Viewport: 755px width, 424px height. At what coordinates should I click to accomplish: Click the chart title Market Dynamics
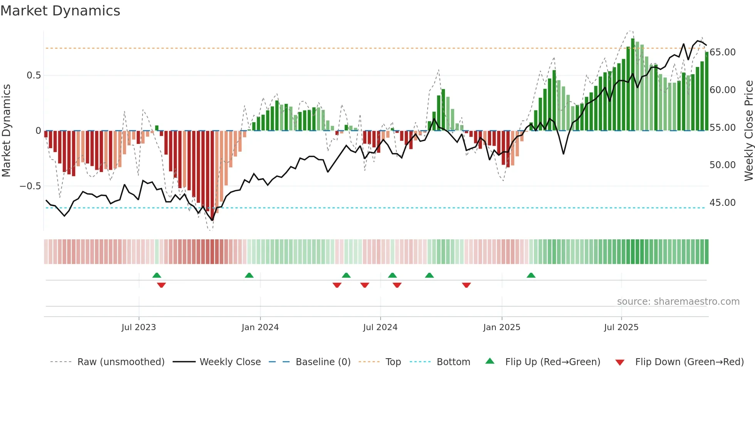(60, 11)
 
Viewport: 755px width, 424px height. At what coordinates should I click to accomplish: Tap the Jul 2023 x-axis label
(139, 327)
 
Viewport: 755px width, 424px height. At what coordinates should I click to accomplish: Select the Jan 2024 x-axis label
(260, 327)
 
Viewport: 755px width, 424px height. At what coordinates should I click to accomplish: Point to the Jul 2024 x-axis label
(380, 327)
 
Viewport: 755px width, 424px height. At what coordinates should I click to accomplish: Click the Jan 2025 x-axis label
(502, 327)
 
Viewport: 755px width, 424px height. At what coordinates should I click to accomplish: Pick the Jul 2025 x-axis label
(621, 327)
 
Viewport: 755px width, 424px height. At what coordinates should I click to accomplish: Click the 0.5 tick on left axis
(34, 75)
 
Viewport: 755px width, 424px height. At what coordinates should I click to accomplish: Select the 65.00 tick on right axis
(722, 52)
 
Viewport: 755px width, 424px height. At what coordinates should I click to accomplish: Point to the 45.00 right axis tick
(722, 203)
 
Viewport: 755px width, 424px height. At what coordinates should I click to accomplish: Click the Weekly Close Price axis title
(748, 131)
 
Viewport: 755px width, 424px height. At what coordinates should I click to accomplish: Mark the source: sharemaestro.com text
(678, 302)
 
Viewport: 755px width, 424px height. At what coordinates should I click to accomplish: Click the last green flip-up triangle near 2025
(531, 275)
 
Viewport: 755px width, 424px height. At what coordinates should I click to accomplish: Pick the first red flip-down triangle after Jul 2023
(161, 285)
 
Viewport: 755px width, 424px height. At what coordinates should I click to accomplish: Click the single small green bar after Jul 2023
(157, 128)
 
